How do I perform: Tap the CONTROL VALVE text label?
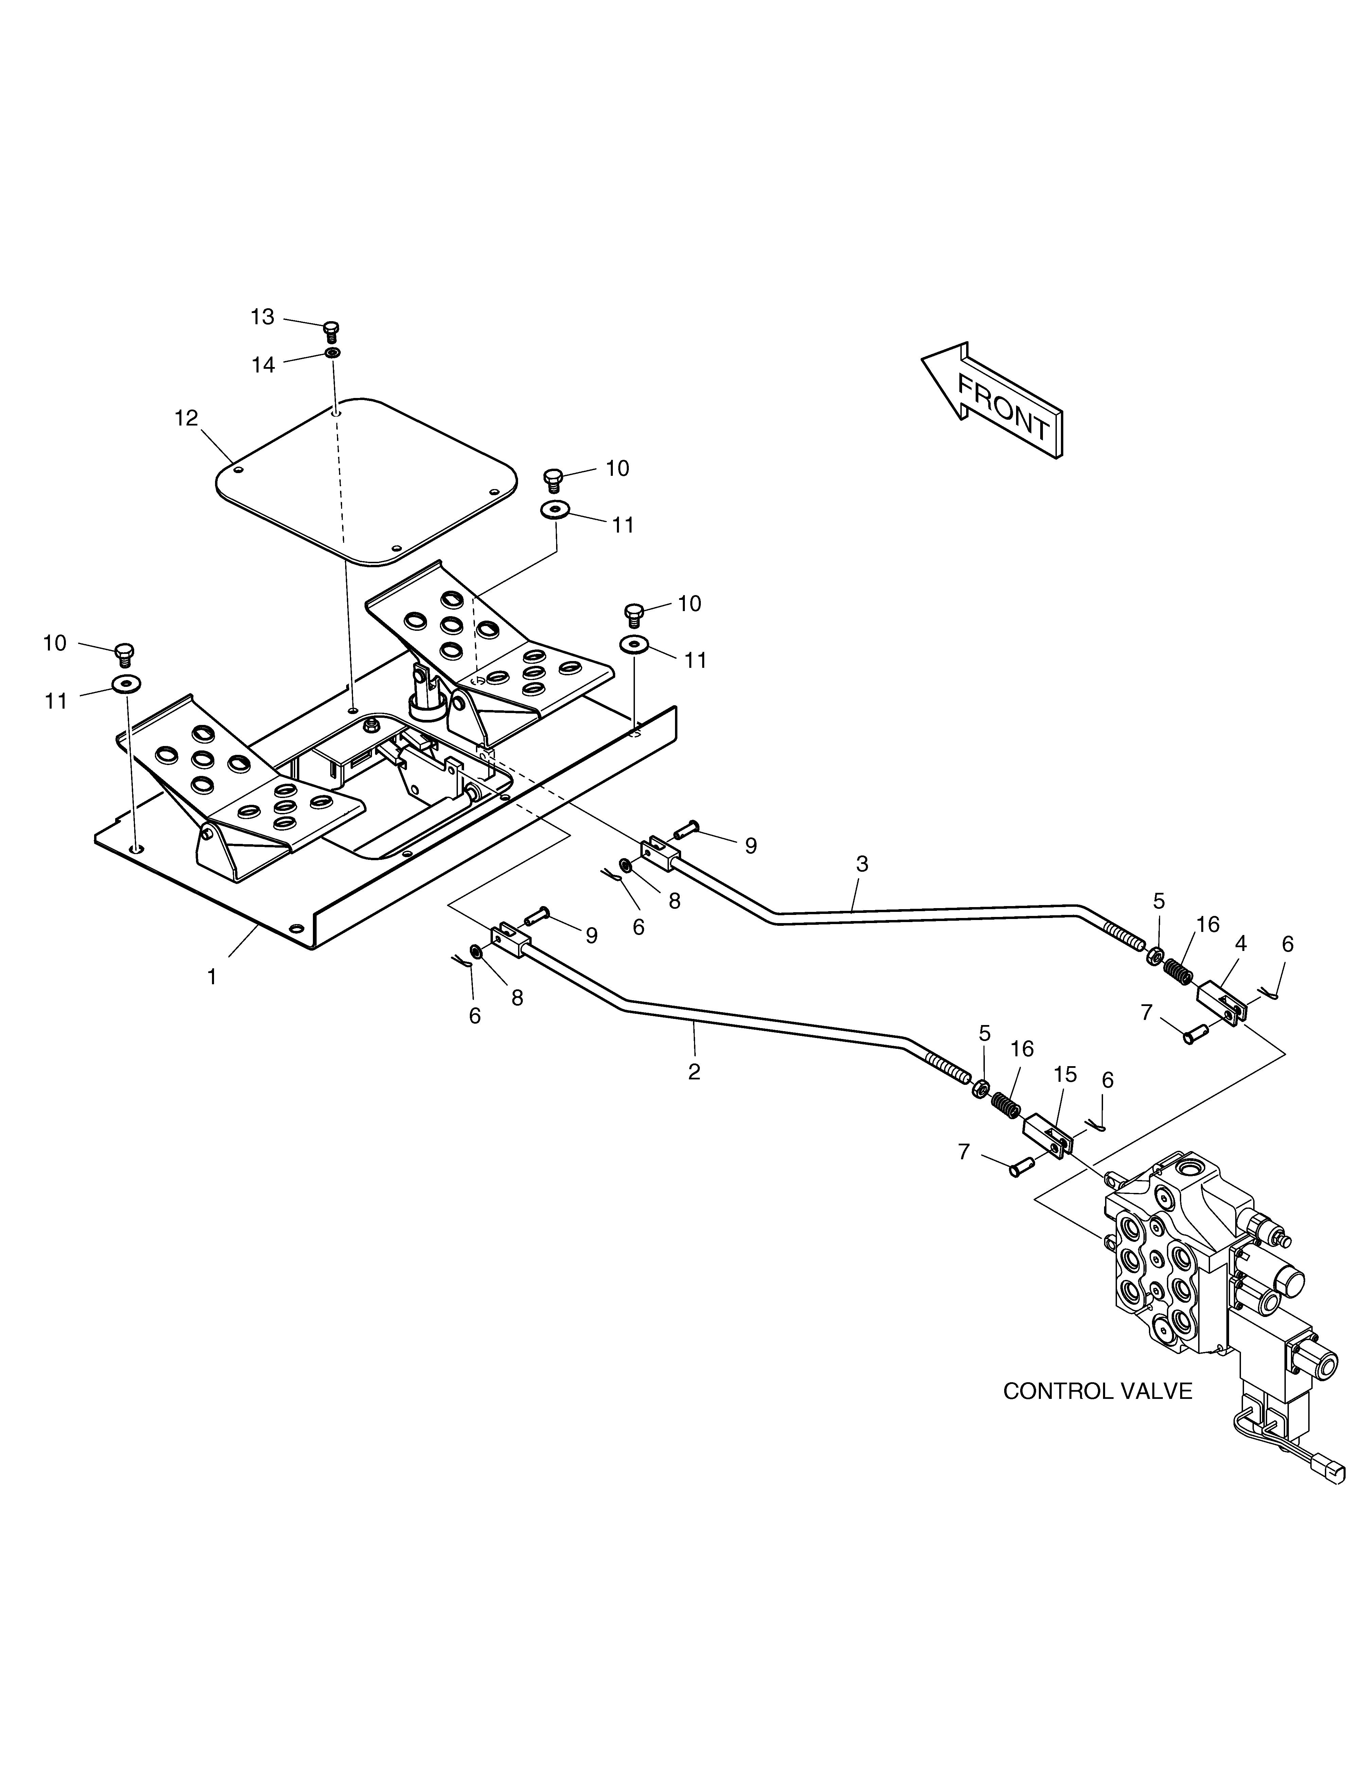[x=1097, y=1391]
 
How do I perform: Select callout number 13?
[x=262, y=317]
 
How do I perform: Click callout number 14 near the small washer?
[x=263, y=365]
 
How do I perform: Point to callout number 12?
[x=186, y=418]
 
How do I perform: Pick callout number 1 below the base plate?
[x=212, y=977]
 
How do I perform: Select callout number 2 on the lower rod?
[x=694, y=1072]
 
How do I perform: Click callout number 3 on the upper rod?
[x=862, y=864]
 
